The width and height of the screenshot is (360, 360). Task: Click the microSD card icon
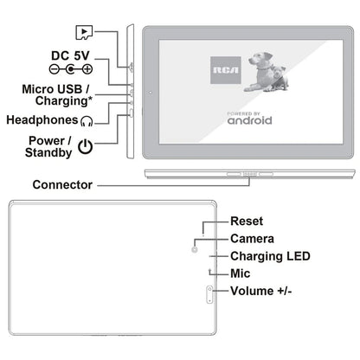click(84, 31)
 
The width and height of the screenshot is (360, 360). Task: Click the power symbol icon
click(85, 146)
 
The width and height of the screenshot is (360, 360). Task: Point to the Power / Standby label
click(39, 146)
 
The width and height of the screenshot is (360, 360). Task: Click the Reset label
click(247, 222)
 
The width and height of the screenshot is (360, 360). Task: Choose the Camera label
click(252, 238)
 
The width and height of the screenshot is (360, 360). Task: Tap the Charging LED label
click(269, 256)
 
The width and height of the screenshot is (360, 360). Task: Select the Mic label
click(241, 273)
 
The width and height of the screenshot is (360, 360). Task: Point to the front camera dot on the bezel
click(151, 92)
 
